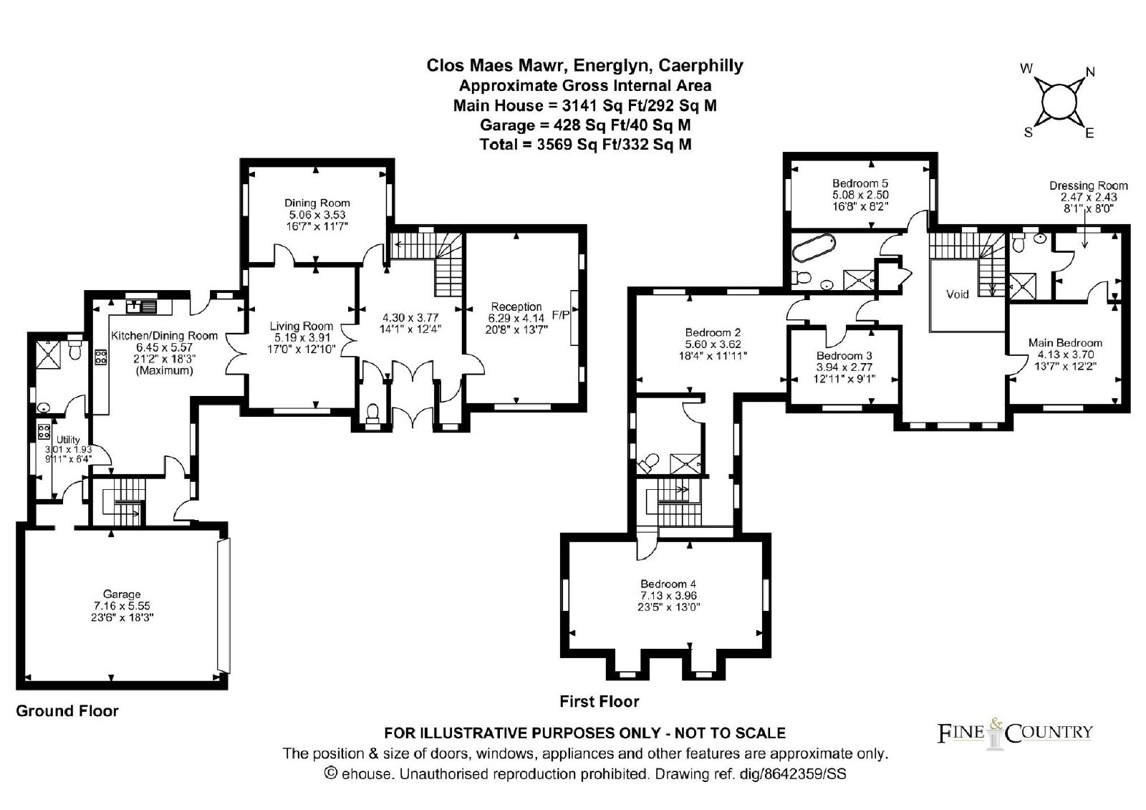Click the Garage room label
pos(121,594)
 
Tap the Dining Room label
pos(317,203)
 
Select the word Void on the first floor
pos(957,294)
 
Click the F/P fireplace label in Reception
pos(560,314)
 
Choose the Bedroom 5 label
pos(860,183)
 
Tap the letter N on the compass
pos(1089,72)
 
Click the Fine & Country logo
pos(1014,733)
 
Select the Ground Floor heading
pos(67,710)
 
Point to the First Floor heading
pos(599,701)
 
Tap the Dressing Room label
pos(1089,185)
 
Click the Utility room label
pos(68,440)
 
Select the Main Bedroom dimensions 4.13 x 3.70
pos(1066,355)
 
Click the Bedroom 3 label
pos(844,356)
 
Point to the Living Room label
pos(302,326)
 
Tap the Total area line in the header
pos(585,145)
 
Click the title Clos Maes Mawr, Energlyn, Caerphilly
pos(584,65)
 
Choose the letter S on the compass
pos(1028,132)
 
